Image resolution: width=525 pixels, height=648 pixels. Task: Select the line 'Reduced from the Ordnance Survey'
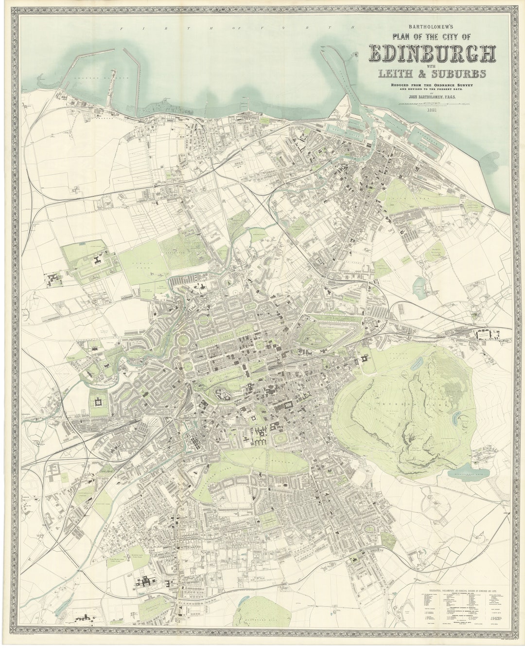[432, 86]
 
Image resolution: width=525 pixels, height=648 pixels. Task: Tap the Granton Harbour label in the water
[100, 77]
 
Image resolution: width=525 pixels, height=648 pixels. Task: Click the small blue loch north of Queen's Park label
[417, 362]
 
